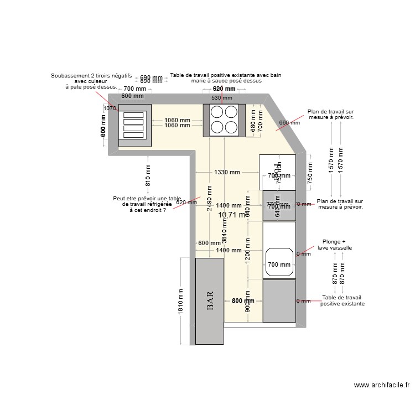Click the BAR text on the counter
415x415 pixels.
pos(210,301)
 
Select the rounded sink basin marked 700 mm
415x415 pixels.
pos(279,264)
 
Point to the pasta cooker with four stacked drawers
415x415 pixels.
pos(133,124)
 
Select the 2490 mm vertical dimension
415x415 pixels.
pos(210,194)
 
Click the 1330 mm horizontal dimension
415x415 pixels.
pos(227,172)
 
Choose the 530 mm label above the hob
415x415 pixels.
pos(224,98)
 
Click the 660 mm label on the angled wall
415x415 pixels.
pos(289,123)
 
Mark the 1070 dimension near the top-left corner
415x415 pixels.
pos(110,108)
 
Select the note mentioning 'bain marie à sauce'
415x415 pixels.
pos(225,77)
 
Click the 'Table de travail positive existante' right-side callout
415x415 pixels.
pos(342,300)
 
